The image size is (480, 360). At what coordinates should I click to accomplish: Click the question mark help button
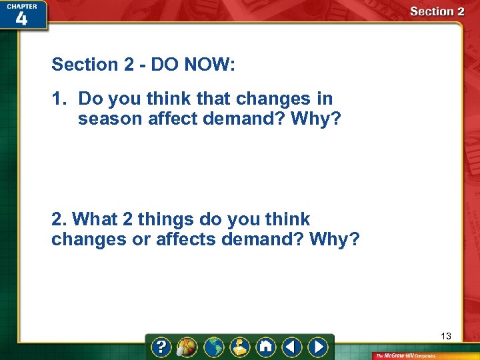tap(161, 347)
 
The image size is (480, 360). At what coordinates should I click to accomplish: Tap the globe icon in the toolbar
tap(214, 347)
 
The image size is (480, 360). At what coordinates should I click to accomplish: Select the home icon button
tap(265, 347)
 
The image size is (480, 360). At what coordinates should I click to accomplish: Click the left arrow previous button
tap(291, 347)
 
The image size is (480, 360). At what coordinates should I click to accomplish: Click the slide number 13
tap(446, 336)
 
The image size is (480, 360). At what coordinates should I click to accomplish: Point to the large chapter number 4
tap(21, 19)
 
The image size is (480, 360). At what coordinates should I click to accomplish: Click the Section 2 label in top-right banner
tap(437, 11)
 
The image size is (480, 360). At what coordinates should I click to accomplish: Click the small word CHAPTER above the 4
tap(21, 5)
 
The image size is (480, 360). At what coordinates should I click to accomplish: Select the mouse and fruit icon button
tap(187, 347)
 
